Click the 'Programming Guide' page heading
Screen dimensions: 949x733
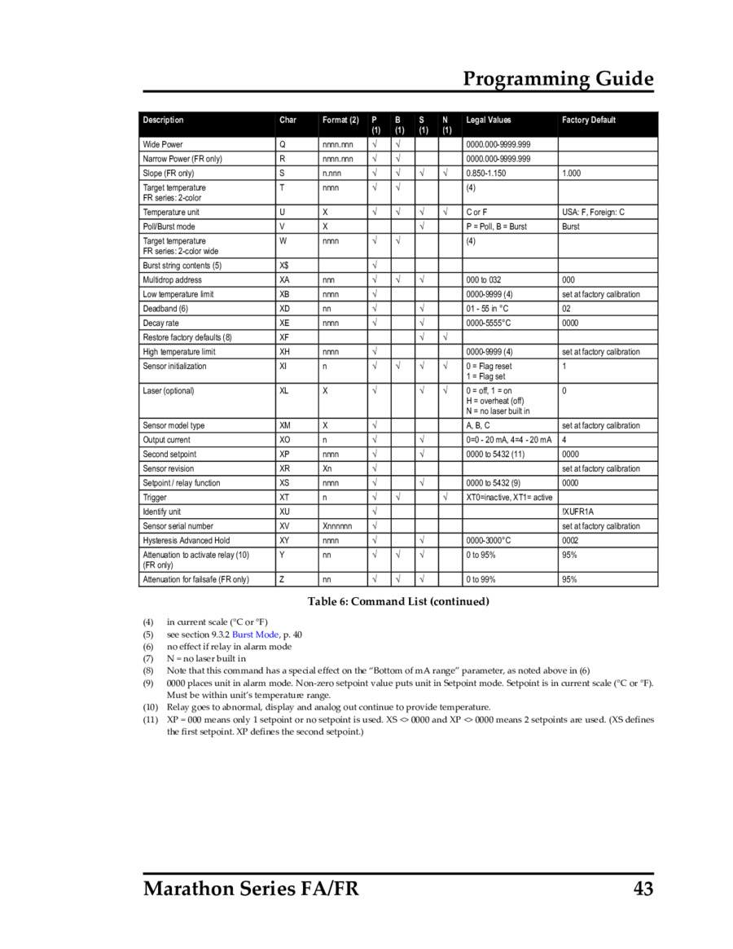558,79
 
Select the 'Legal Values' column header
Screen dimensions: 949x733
489,121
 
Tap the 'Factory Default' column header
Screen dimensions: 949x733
589,121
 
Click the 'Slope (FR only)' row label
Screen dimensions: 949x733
169,174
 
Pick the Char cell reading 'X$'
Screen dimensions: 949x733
284,266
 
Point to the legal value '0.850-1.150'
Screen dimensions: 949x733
486,174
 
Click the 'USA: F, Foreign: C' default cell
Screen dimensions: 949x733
594,212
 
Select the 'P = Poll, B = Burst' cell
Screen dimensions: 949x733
497,226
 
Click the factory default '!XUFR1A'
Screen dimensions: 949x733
578,512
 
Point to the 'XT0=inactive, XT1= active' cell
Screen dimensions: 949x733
509,497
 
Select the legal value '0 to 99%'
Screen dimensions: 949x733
481,579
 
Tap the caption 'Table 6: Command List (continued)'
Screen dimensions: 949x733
398,602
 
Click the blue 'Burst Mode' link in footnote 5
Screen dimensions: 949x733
256,634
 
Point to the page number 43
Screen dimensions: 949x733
643,888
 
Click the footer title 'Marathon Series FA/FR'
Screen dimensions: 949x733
251,888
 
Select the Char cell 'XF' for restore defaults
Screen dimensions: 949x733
284,337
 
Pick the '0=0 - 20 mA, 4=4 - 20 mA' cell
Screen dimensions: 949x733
509,440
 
